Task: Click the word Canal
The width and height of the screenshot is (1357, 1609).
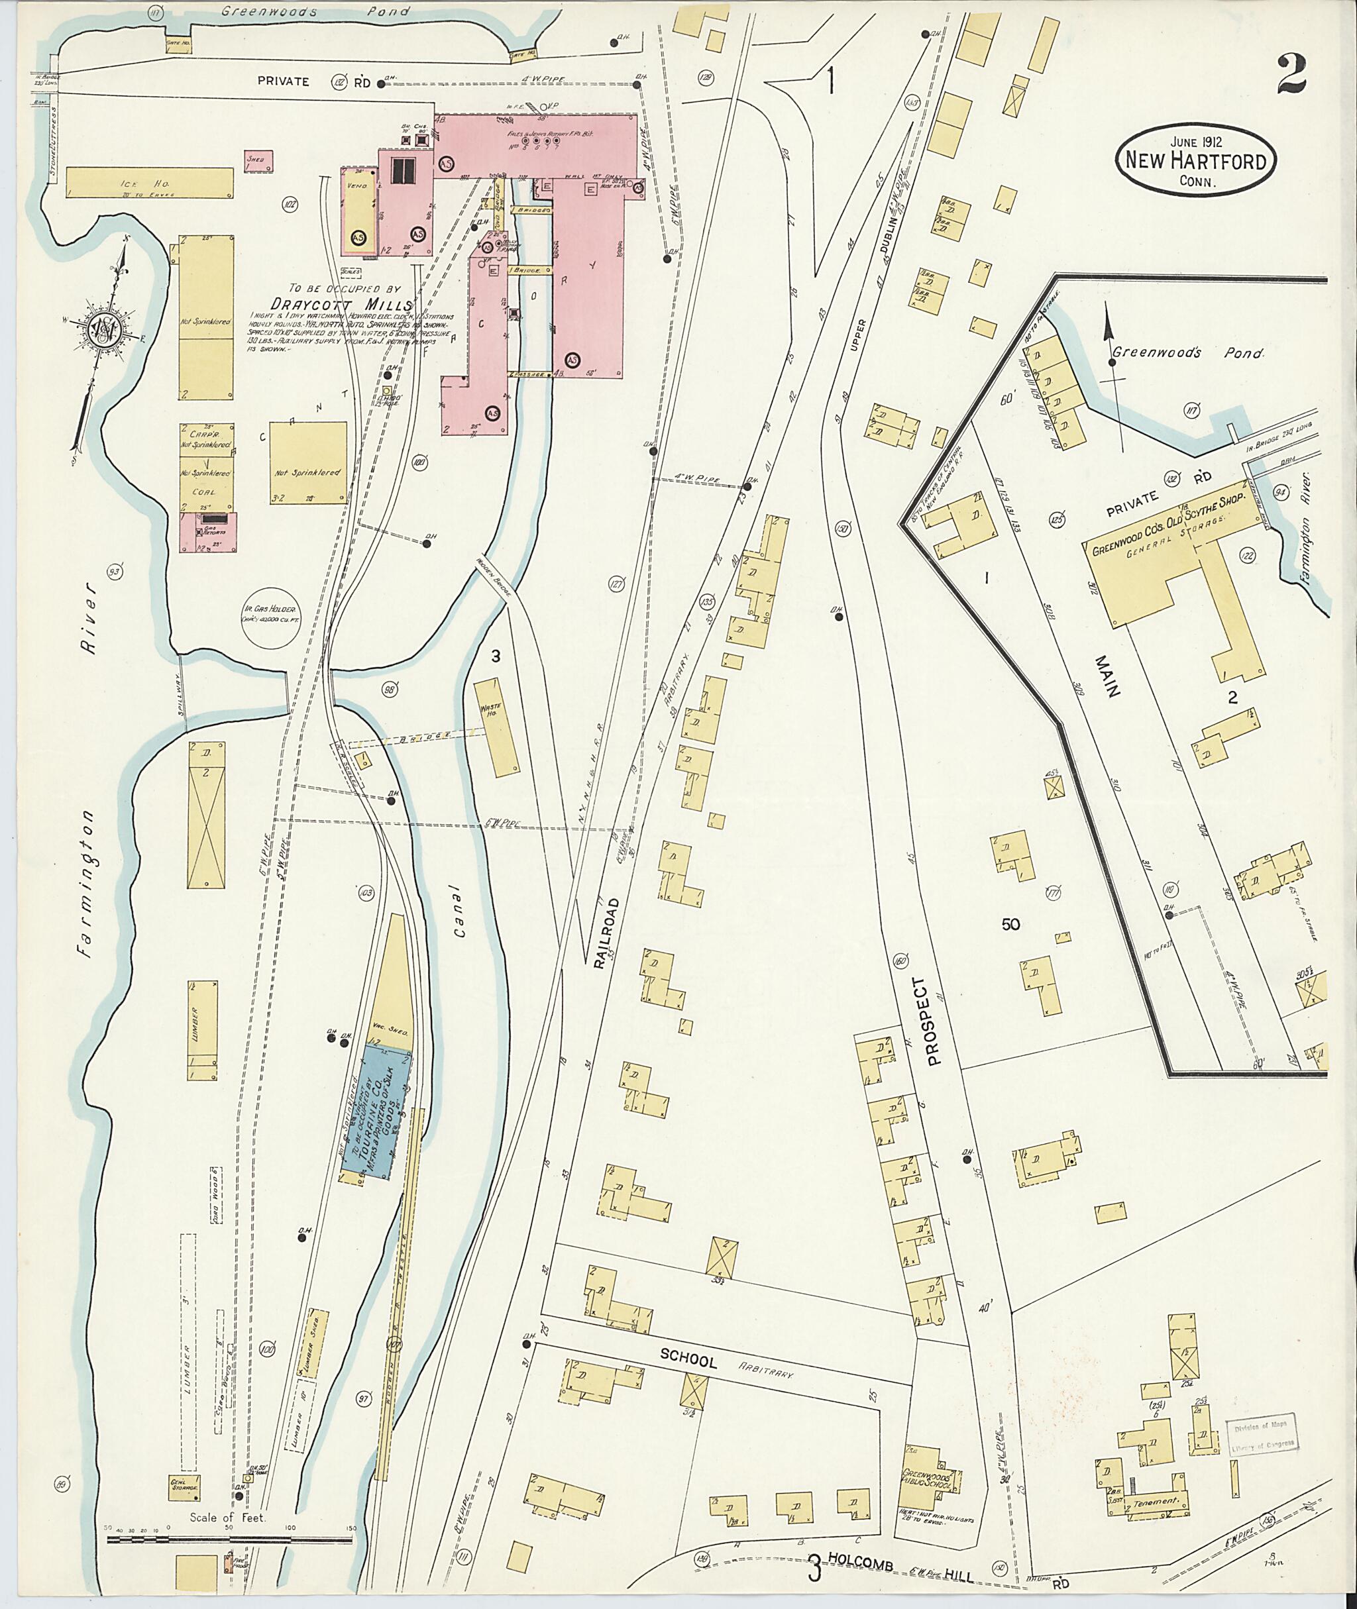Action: coord(460,911)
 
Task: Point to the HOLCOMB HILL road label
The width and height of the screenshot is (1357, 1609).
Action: coord(900,1576)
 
